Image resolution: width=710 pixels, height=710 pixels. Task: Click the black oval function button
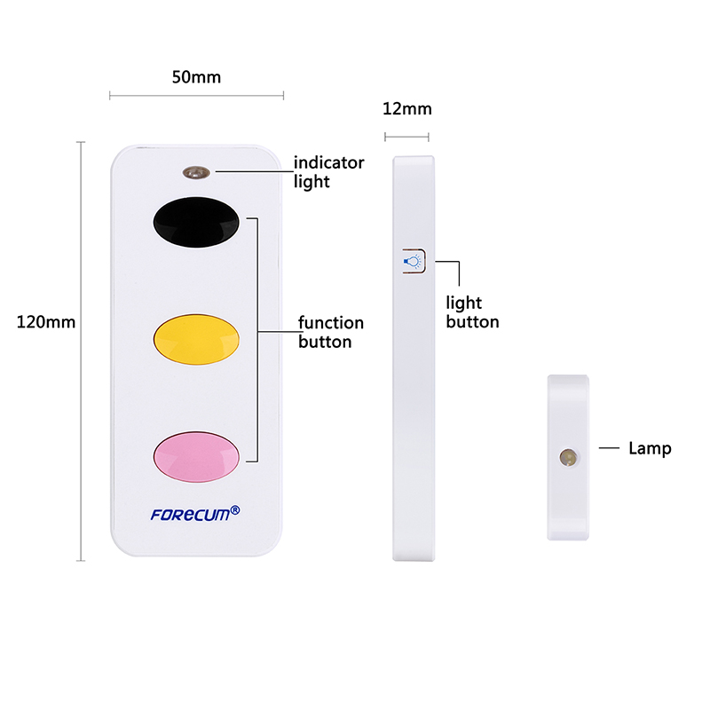[x=196, y=222]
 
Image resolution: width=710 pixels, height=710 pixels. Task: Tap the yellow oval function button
[x=196, y=339]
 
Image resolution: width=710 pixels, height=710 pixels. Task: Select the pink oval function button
[x=196, y=456]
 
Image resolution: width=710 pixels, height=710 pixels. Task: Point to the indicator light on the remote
[x=196, y=172]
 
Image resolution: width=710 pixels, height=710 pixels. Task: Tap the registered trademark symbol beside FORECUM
[x=235, y=510]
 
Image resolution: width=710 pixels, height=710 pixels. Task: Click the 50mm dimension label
[x=196, y=77]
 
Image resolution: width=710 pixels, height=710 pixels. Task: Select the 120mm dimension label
[x=46, y=322]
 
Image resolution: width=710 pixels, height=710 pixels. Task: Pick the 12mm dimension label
[x=407, y=108]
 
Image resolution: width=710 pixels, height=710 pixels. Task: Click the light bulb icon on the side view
[x=413, y=261]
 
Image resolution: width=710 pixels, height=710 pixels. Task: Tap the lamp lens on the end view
[x=568, y=457]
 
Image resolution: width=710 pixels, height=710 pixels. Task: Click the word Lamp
[x=650, y=448]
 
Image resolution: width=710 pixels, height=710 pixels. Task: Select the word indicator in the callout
[x=328, y=162]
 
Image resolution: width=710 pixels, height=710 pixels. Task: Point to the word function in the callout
[x=331, y=323]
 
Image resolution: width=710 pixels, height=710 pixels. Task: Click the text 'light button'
[x=472, y=312]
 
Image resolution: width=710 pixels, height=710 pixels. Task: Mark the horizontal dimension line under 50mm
[x=196, y=96]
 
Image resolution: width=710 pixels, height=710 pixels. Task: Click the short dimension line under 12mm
[x=406, y=137]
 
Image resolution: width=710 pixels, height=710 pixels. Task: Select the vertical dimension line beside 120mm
[x=81, y=351]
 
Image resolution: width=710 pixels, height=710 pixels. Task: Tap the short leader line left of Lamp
[x=609, y=448]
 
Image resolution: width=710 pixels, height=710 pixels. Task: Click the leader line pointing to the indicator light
[x=255, y=171]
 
